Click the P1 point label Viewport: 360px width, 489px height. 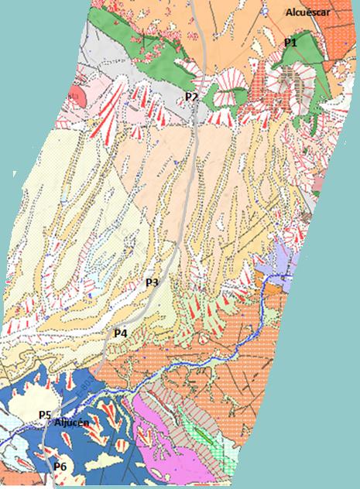[x=290, y=43]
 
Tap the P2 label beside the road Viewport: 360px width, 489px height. [x=191, y=96]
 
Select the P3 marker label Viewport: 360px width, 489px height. [x=152, y=283]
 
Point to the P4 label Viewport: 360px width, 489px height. [x=120, y=333]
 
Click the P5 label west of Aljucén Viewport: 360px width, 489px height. [x=45, y=415]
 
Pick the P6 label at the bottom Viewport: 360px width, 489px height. [x=60, y=467]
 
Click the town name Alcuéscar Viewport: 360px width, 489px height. [x=307, y=13]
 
